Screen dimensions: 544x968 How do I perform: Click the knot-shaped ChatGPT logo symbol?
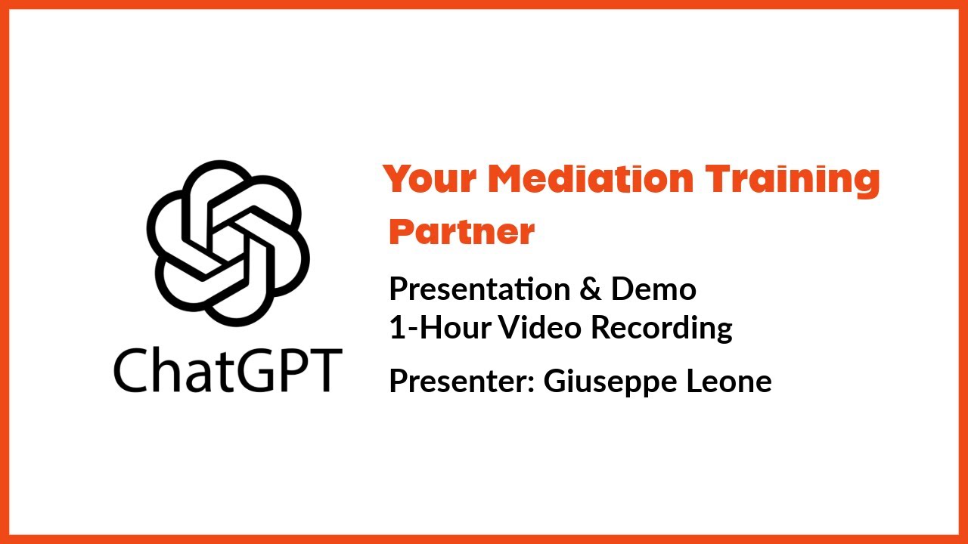(228, 242)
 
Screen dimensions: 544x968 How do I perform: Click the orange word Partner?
(461, 233)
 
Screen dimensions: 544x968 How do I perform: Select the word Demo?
(654, 289)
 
